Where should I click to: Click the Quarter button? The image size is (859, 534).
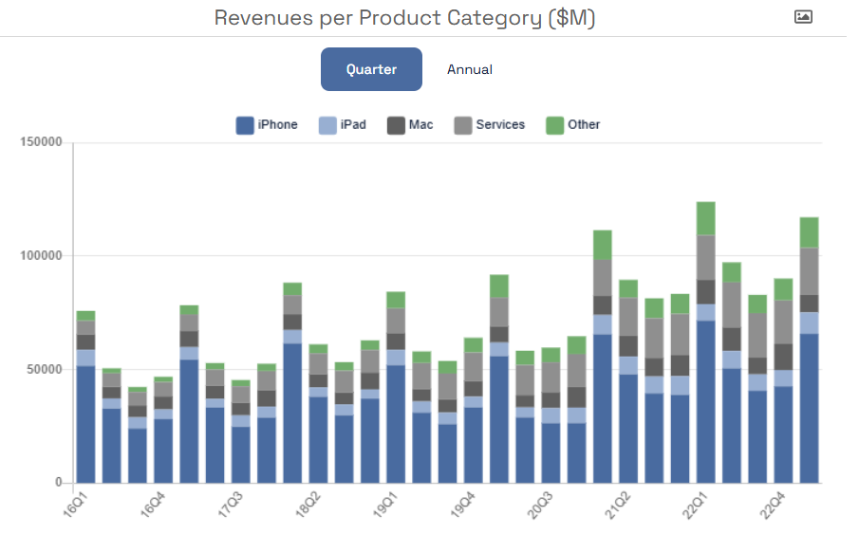371,69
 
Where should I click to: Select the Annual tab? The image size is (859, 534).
470,69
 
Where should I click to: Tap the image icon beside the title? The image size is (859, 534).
803,17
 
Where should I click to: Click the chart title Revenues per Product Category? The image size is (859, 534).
404,18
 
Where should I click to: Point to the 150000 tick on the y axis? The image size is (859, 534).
42,142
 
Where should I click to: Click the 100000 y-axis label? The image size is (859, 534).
42,256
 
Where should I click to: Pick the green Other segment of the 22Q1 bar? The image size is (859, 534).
705,218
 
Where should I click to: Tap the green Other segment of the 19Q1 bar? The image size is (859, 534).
396,300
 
